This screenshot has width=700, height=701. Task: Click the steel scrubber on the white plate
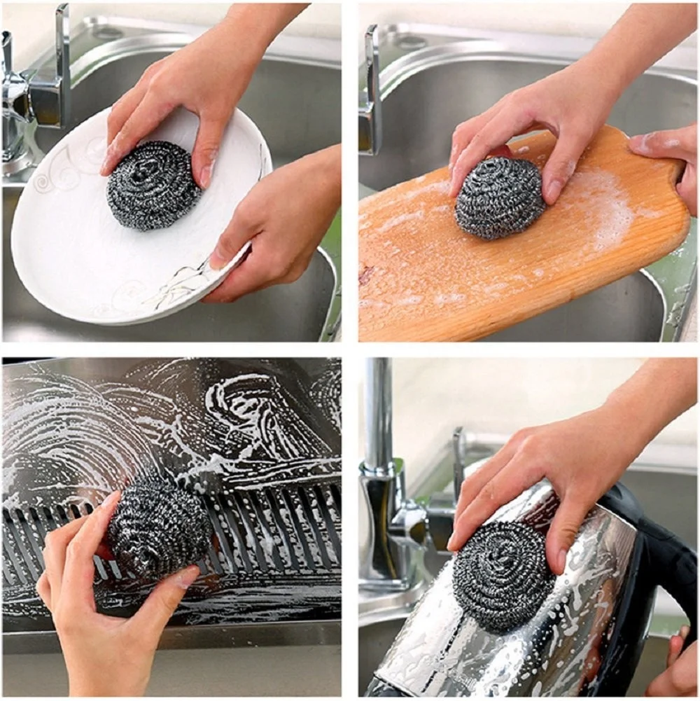click(x=153, y=185)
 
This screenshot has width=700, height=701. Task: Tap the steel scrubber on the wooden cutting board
click(x=498, y=197)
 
